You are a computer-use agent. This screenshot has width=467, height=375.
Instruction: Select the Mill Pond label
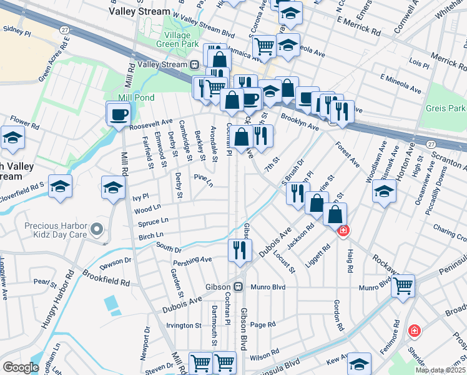click(137, 97)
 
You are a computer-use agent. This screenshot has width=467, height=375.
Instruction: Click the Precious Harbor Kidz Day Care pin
click(96, 231)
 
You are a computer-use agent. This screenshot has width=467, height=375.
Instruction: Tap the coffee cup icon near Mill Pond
click(118, 114)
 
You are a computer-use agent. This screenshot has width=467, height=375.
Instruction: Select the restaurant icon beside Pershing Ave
click(239, 249)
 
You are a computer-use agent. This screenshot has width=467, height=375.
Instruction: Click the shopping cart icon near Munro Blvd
click(403, 286)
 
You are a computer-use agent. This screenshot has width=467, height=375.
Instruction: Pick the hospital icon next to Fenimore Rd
click(413, 330)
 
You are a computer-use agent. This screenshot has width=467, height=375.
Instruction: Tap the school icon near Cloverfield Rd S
click(60, 186)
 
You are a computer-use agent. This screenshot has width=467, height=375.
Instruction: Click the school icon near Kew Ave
click(359, 364)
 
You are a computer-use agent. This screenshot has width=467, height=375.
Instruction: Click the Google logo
click(21, 367)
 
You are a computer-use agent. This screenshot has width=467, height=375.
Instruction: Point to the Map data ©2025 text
click(440, 370)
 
